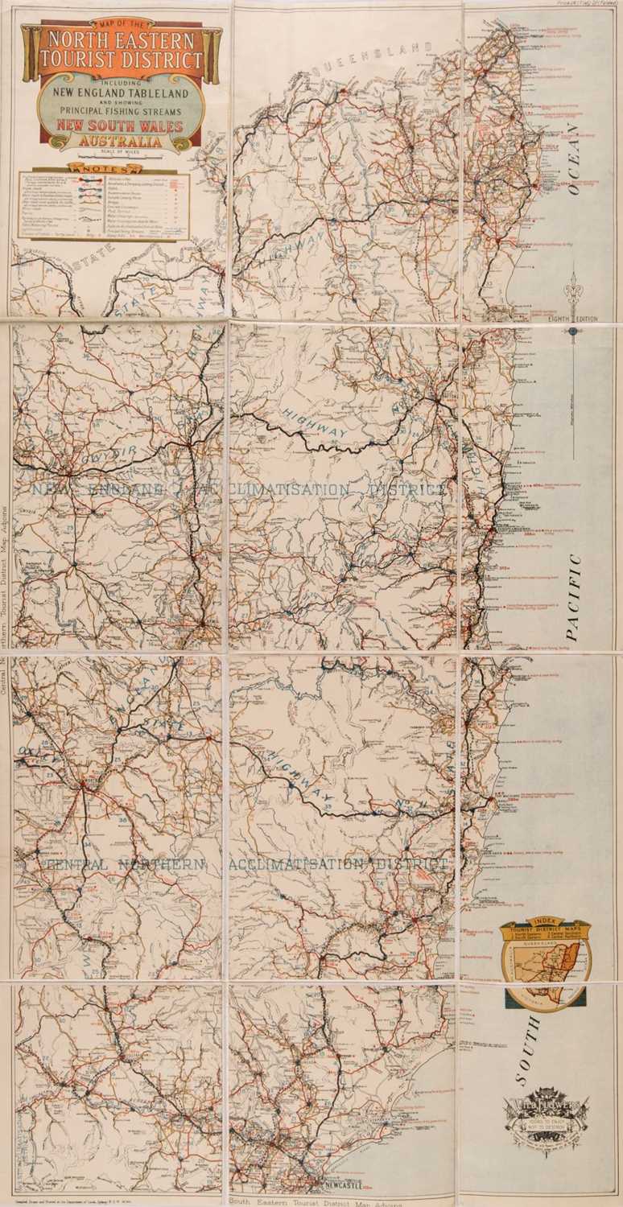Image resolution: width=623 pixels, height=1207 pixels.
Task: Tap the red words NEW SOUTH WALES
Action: click(118, 127)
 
